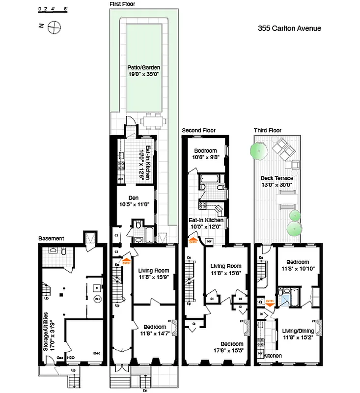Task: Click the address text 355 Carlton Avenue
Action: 289,28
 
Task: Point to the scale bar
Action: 53,9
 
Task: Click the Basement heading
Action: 51,239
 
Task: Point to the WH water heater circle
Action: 97,298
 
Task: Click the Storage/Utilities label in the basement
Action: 46,330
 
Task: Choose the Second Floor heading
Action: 198,131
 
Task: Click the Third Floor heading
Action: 267,131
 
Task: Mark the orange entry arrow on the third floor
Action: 269,304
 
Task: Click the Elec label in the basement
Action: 97,352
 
